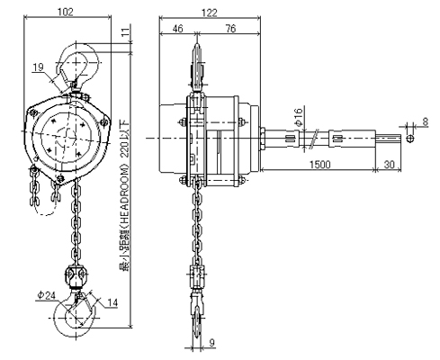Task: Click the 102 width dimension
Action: point(66,12)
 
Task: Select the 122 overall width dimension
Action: point(209,13)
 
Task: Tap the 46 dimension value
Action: point(177,29)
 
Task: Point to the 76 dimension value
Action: point(230,29)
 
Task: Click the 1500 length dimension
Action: point(319,165)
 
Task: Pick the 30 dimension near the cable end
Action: point(389,165)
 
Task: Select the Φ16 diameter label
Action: point(299,117)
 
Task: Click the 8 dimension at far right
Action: point(425,121)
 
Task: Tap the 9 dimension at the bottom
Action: point(211,343)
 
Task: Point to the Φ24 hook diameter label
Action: point(47,295)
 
